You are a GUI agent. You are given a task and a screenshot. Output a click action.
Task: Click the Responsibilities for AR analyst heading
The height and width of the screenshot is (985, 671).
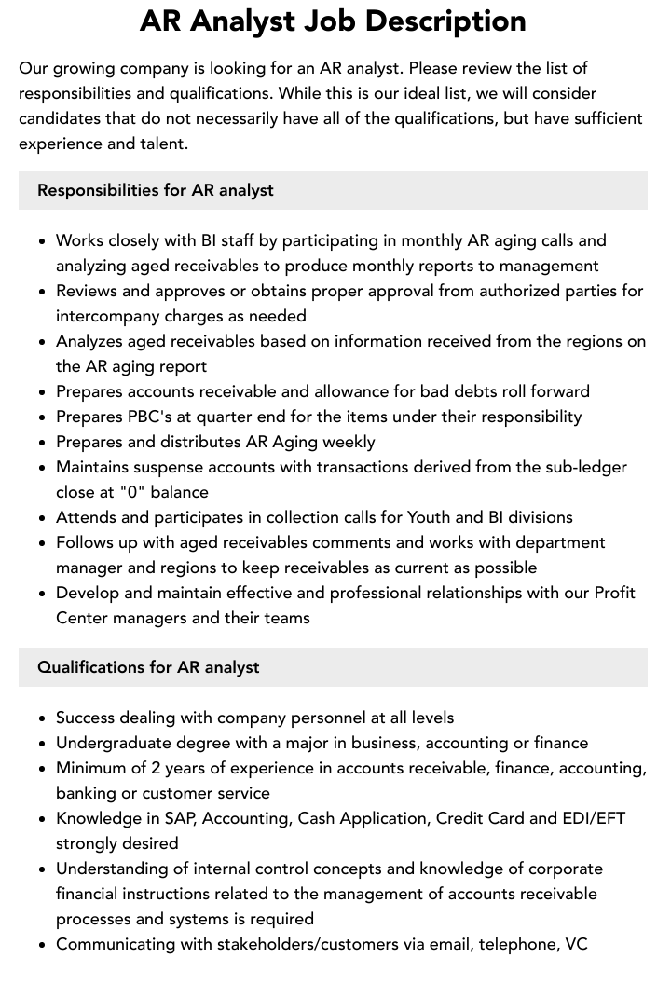point(156,190)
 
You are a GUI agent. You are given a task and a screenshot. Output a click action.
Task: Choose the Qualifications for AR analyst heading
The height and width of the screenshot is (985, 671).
point(148,667)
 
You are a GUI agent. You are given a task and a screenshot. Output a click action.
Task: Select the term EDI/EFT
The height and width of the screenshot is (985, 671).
point(593,818)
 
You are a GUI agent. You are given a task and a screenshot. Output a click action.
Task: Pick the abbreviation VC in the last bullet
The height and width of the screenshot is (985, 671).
point(576,944)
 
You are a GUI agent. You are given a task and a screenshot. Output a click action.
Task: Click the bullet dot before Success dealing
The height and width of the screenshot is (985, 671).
point(42,718)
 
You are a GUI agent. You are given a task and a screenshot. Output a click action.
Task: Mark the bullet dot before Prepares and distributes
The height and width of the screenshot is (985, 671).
point(42,443)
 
